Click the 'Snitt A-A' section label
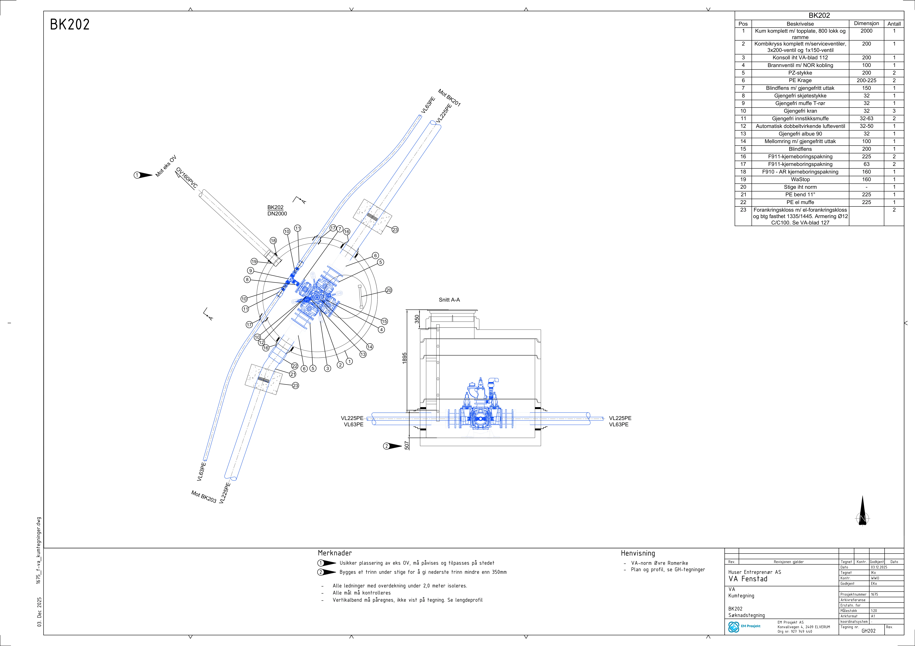[449, 300]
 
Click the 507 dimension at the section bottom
[407, 445]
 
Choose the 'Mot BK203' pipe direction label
[204, 497]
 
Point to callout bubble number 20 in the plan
[389, 290]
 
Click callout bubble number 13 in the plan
[363, 354]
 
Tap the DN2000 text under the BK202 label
[277, 214]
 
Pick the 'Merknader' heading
[335, 553]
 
